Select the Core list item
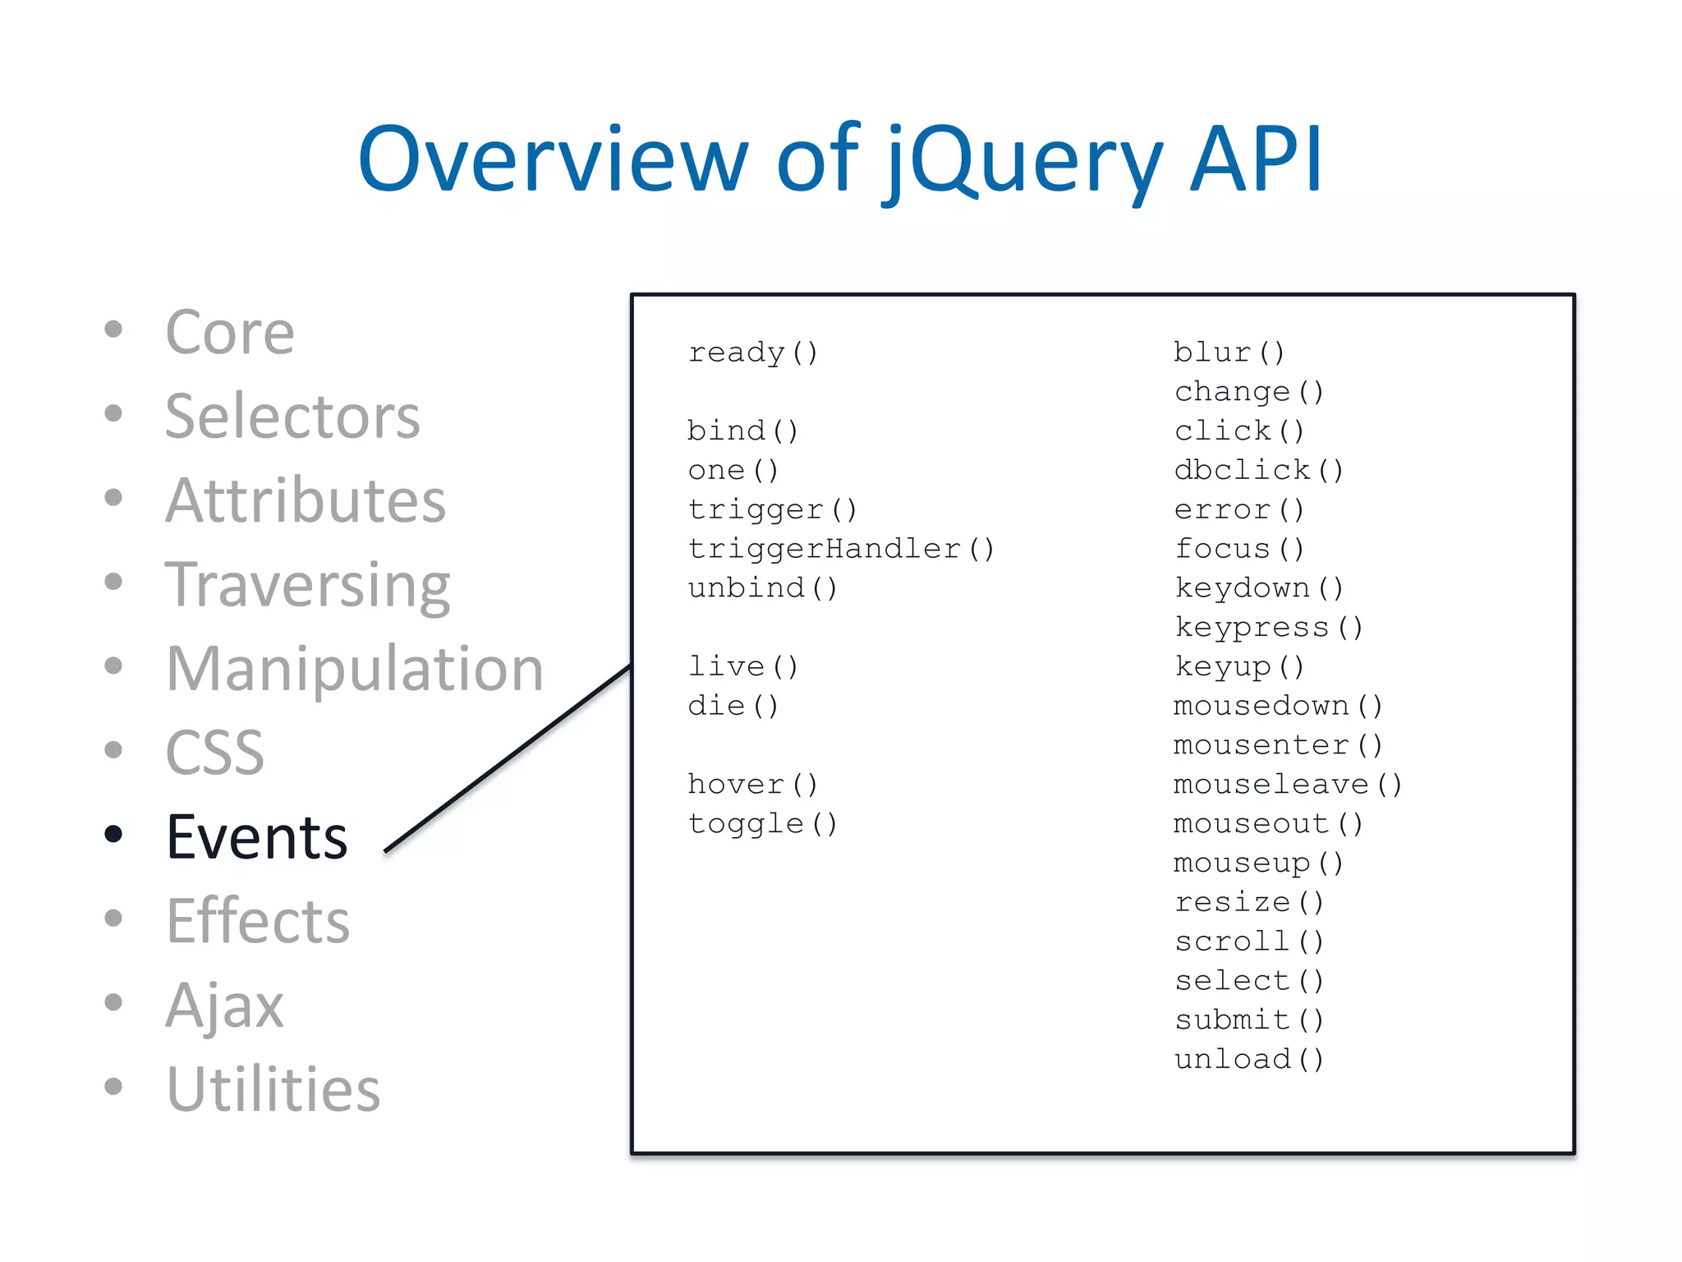(229, 333)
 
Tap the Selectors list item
(292, 417)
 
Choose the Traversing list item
(307, 585)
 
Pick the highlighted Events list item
(257, 837)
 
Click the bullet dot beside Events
(114, 834)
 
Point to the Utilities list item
(273, 1089)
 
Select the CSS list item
(215, 753)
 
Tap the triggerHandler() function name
(841, 549)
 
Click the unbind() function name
(763, 588)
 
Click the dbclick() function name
(1259, 470)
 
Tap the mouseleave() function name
(1288, 785)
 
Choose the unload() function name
(1249, 1059)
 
